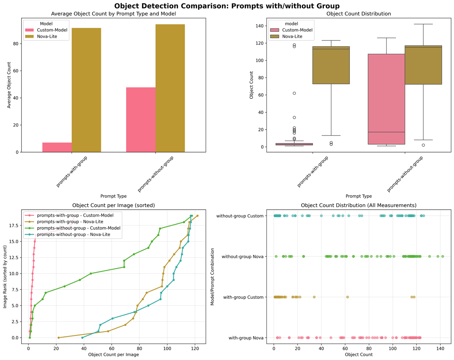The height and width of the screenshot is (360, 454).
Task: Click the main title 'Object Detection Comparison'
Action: [227, 6]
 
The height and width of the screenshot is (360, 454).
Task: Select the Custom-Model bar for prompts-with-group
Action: [57, 147]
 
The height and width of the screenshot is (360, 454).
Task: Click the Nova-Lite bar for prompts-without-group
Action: [170, 88]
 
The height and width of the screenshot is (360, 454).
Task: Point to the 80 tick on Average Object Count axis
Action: [18, 43]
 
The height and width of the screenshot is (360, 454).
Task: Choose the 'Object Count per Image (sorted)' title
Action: [113, 205]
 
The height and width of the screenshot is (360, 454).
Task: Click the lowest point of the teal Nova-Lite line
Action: [82, 337]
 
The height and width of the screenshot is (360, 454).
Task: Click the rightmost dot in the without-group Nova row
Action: [443, 256]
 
